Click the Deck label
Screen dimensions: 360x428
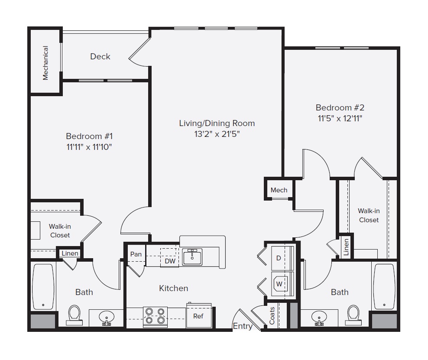(x=100, y=56)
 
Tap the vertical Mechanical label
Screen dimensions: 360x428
(x=45, y=63)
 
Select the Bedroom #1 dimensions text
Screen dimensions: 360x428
(x=89, y=147)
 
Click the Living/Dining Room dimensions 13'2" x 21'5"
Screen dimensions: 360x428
(x=217, y=134)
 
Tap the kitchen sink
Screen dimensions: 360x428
(x=192, y=256)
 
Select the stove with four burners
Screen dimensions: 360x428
(x=156, y=316)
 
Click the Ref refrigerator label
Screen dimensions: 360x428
(x=198, y=316)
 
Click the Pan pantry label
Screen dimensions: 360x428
(x=136, y=254)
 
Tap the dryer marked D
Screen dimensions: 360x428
(x=279, y=258)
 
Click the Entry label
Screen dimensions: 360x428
(x=243, y=326)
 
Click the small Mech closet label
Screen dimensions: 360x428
(x=279, y=190)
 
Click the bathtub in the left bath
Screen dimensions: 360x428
(x=44, y=287)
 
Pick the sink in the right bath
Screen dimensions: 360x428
(x=319, y=318)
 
